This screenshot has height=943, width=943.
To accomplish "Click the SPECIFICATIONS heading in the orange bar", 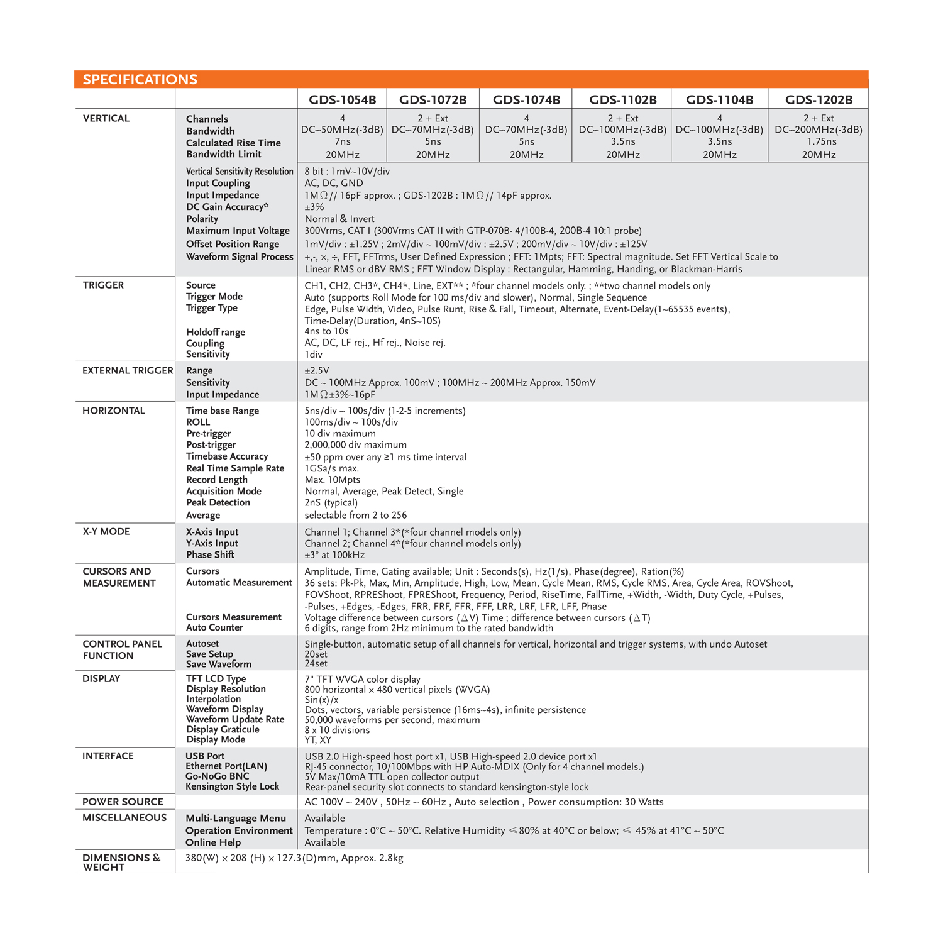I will pyautogui.click(x=140, y=79).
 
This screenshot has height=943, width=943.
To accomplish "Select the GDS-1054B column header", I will pyautogui.click(x=342, y=99).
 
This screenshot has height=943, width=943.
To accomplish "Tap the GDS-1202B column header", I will pyautogui.click(x=819, y=99).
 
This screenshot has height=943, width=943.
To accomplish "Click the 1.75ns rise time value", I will pyautogui.click(x=819, y=141).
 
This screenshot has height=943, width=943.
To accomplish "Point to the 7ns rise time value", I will pyautogui.click(x=342, y=141).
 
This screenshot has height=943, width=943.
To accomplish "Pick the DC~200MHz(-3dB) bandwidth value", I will pyautogui.click(x=819, y=130).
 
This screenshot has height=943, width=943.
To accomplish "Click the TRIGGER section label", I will pyautogui.click(x=103, y=285).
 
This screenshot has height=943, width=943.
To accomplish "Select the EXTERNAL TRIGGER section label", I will pyautogui.click(x=128, y=370).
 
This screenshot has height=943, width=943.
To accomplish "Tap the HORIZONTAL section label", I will pyautogui.click(x=113, y=411).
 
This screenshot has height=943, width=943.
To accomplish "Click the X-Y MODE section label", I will pyautogui.click(x=106, y=531).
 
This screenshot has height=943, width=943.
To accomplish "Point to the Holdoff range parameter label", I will pyautogui.click(x=216, y=332).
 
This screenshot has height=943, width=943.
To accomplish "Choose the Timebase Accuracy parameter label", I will pyautogui.click(x=227, y=456).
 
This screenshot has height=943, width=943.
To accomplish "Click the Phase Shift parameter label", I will pyautogui.click(x=210, y=554).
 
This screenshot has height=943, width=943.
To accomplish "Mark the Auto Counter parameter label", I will pyautogui.click(x=214, y=627).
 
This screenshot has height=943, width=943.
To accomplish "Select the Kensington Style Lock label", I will pyautogui.click(x=232, y=786).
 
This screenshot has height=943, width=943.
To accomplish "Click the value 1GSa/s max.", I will pyautogui.click(x=332, y=468).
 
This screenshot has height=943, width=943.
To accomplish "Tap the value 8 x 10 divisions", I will pyautogui.click(x=337, y=730).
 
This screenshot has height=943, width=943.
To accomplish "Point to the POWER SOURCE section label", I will pyautogui.click(x=123, y=802).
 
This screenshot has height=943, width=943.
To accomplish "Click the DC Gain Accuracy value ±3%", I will pyautogui.click(x=314, y=207).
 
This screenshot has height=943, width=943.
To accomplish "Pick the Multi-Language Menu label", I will pyautogui.click(x=236, y=818).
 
